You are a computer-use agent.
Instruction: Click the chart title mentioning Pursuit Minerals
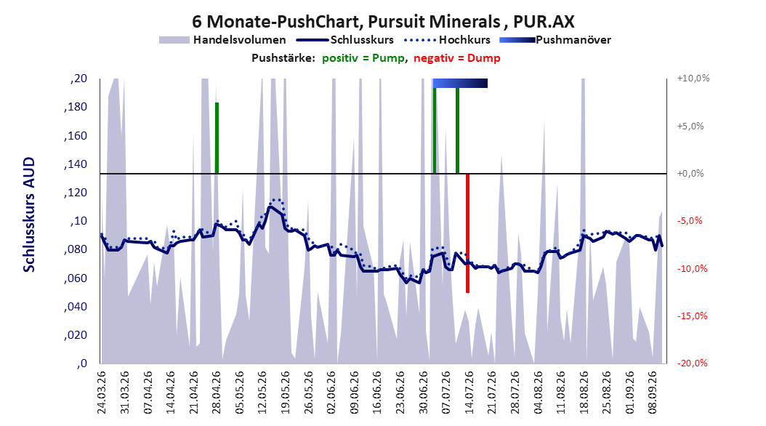coord(383,22)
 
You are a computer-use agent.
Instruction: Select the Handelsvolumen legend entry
coord(222,40)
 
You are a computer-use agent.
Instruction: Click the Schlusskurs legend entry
coord(345,40)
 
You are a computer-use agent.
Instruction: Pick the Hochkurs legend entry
coord(447,40)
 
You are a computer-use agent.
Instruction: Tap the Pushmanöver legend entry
coord(555,40)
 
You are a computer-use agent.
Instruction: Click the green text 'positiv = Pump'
coord(363,58)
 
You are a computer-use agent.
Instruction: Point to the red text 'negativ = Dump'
coord(457,58)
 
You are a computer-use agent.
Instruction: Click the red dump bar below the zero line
coord(467,233)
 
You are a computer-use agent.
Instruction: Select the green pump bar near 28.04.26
coord(217,138)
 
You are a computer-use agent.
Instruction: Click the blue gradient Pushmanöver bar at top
coord(460,83)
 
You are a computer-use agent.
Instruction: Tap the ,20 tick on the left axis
coord(78,79)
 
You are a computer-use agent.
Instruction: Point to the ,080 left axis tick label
coord(76,249)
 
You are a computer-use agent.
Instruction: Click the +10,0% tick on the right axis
coord(693,79)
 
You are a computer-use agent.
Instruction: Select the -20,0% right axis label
coord(692,363)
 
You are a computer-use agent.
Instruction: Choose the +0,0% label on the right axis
coord(690,174)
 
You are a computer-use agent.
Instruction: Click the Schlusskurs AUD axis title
coord(29,215)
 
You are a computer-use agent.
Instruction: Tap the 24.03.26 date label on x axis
coord(102,393)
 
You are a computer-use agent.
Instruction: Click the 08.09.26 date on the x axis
coord(653,393)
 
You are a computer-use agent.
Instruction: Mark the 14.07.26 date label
coord(469,393)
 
